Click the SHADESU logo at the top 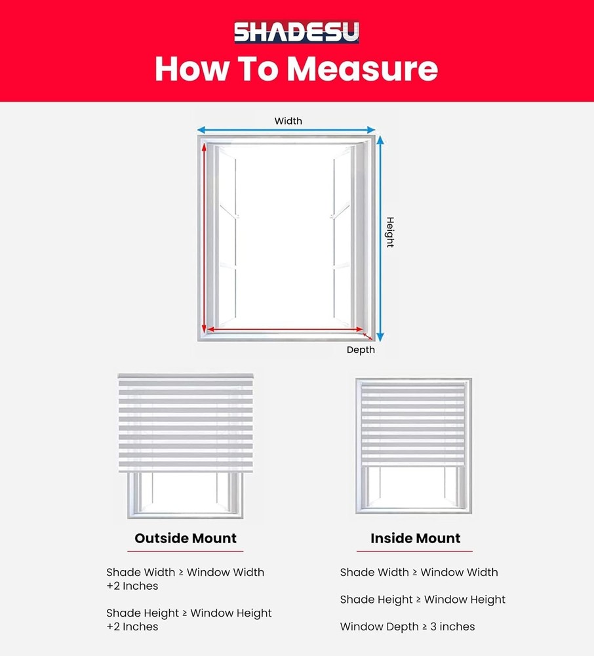(296, 32)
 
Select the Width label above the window (288, 121)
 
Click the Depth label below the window (361, 350)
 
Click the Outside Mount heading (186, 539)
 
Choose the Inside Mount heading (415, 539)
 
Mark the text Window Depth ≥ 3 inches (407, 626)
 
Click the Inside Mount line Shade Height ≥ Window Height (422, 600)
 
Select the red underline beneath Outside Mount (186, 551)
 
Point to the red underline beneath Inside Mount (415, 551)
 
